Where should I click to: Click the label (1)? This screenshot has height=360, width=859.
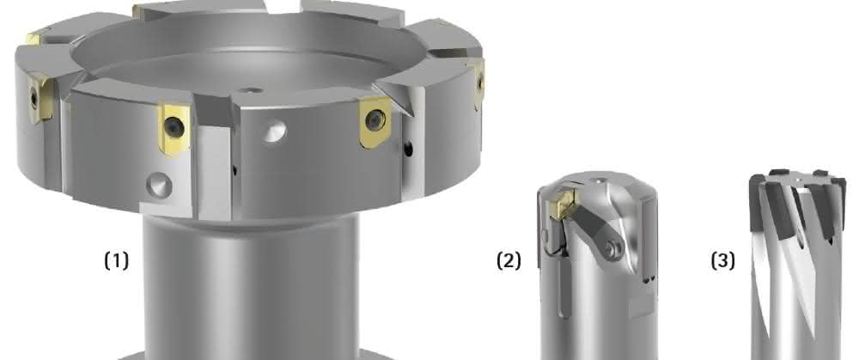[117, 261]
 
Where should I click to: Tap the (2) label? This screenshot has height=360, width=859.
[509, 261]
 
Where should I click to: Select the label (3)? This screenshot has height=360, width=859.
[723, 261]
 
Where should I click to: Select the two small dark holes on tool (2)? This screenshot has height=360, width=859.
[649, 280]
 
